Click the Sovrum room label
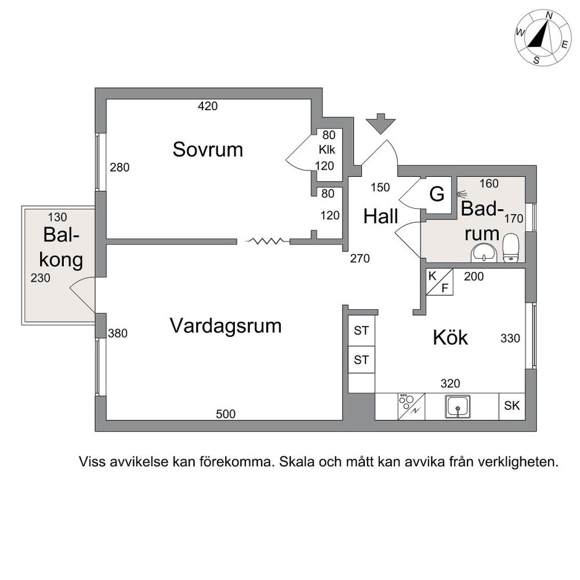click(x=208, y=150)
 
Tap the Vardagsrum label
click(x=226, y=326)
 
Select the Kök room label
click(x=450, y=338)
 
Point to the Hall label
click(x=380, y=216)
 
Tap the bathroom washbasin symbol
click(x=483, y=253)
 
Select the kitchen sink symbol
click(x=458, y=406)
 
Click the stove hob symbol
click(x=411, y=407)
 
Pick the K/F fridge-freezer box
click(x=440, y=282)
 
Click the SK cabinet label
click(x=512, y=406)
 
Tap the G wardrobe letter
click(x=437, y=194)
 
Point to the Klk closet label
click(x=327, y=150)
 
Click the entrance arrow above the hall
click(x=380, y=124)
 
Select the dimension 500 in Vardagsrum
click(x=226, y=414)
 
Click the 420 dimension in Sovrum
click(x=208, y=107)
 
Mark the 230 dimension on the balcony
click(x=41, y=278)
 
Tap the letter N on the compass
click(x=549, y=26)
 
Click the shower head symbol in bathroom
click(x=462, y=194)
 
